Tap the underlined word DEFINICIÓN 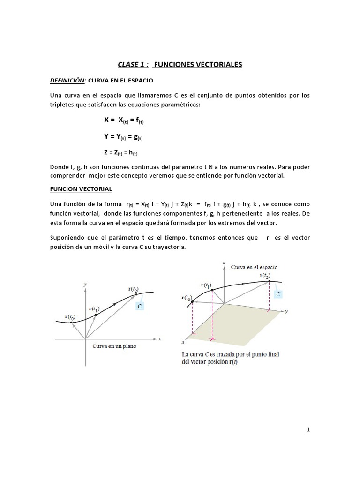[67, 81]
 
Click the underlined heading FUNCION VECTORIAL [80, 189]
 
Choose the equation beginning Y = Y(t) [123, 136]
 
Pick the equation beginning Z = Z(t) [121, 152]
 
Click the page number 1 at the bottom [308, 429]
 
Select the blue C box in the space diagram [278, 294]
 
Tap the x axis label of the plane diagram [160, 338]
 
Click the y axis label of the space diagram [285, 311]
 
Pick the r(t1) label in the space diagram [206, 285]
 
